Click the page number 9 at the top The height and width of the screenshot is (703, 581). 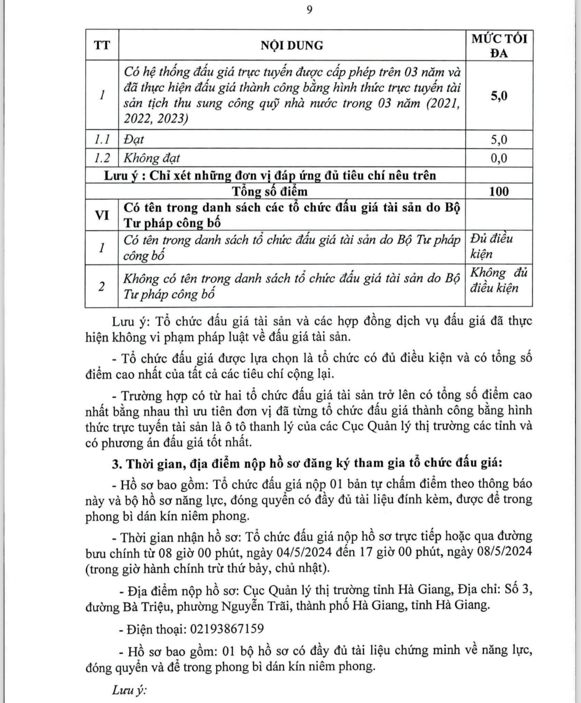tap(309, 10)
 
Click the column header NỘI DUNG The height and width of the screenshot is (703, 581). tap(292, 45)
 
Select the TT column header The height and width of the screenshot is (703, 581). tap(102, 45)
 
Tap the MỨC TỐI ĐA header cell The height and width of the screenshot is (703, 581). tap(499, 45)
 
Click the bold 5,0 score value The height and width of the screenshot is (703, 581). tap(499, 96)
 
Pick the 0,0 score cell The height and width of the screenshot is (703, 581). tap(499, 158)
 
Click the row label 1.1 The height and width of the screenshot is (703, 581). tap(102, 140)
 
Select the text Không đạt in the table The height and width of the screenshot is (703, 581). tap(151, 158)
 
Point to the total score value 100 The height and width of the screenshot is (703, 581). tap(499, 191)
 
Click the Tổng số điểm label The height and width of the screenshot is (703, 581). tap(270, 191)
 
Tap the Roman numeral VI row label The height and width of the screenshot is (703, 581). tap(102, 215)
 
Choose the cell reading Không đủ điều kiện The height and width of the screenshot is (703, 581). tap(499, 280)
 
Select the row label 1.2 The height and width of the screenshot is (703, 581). tap(102, 158)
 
